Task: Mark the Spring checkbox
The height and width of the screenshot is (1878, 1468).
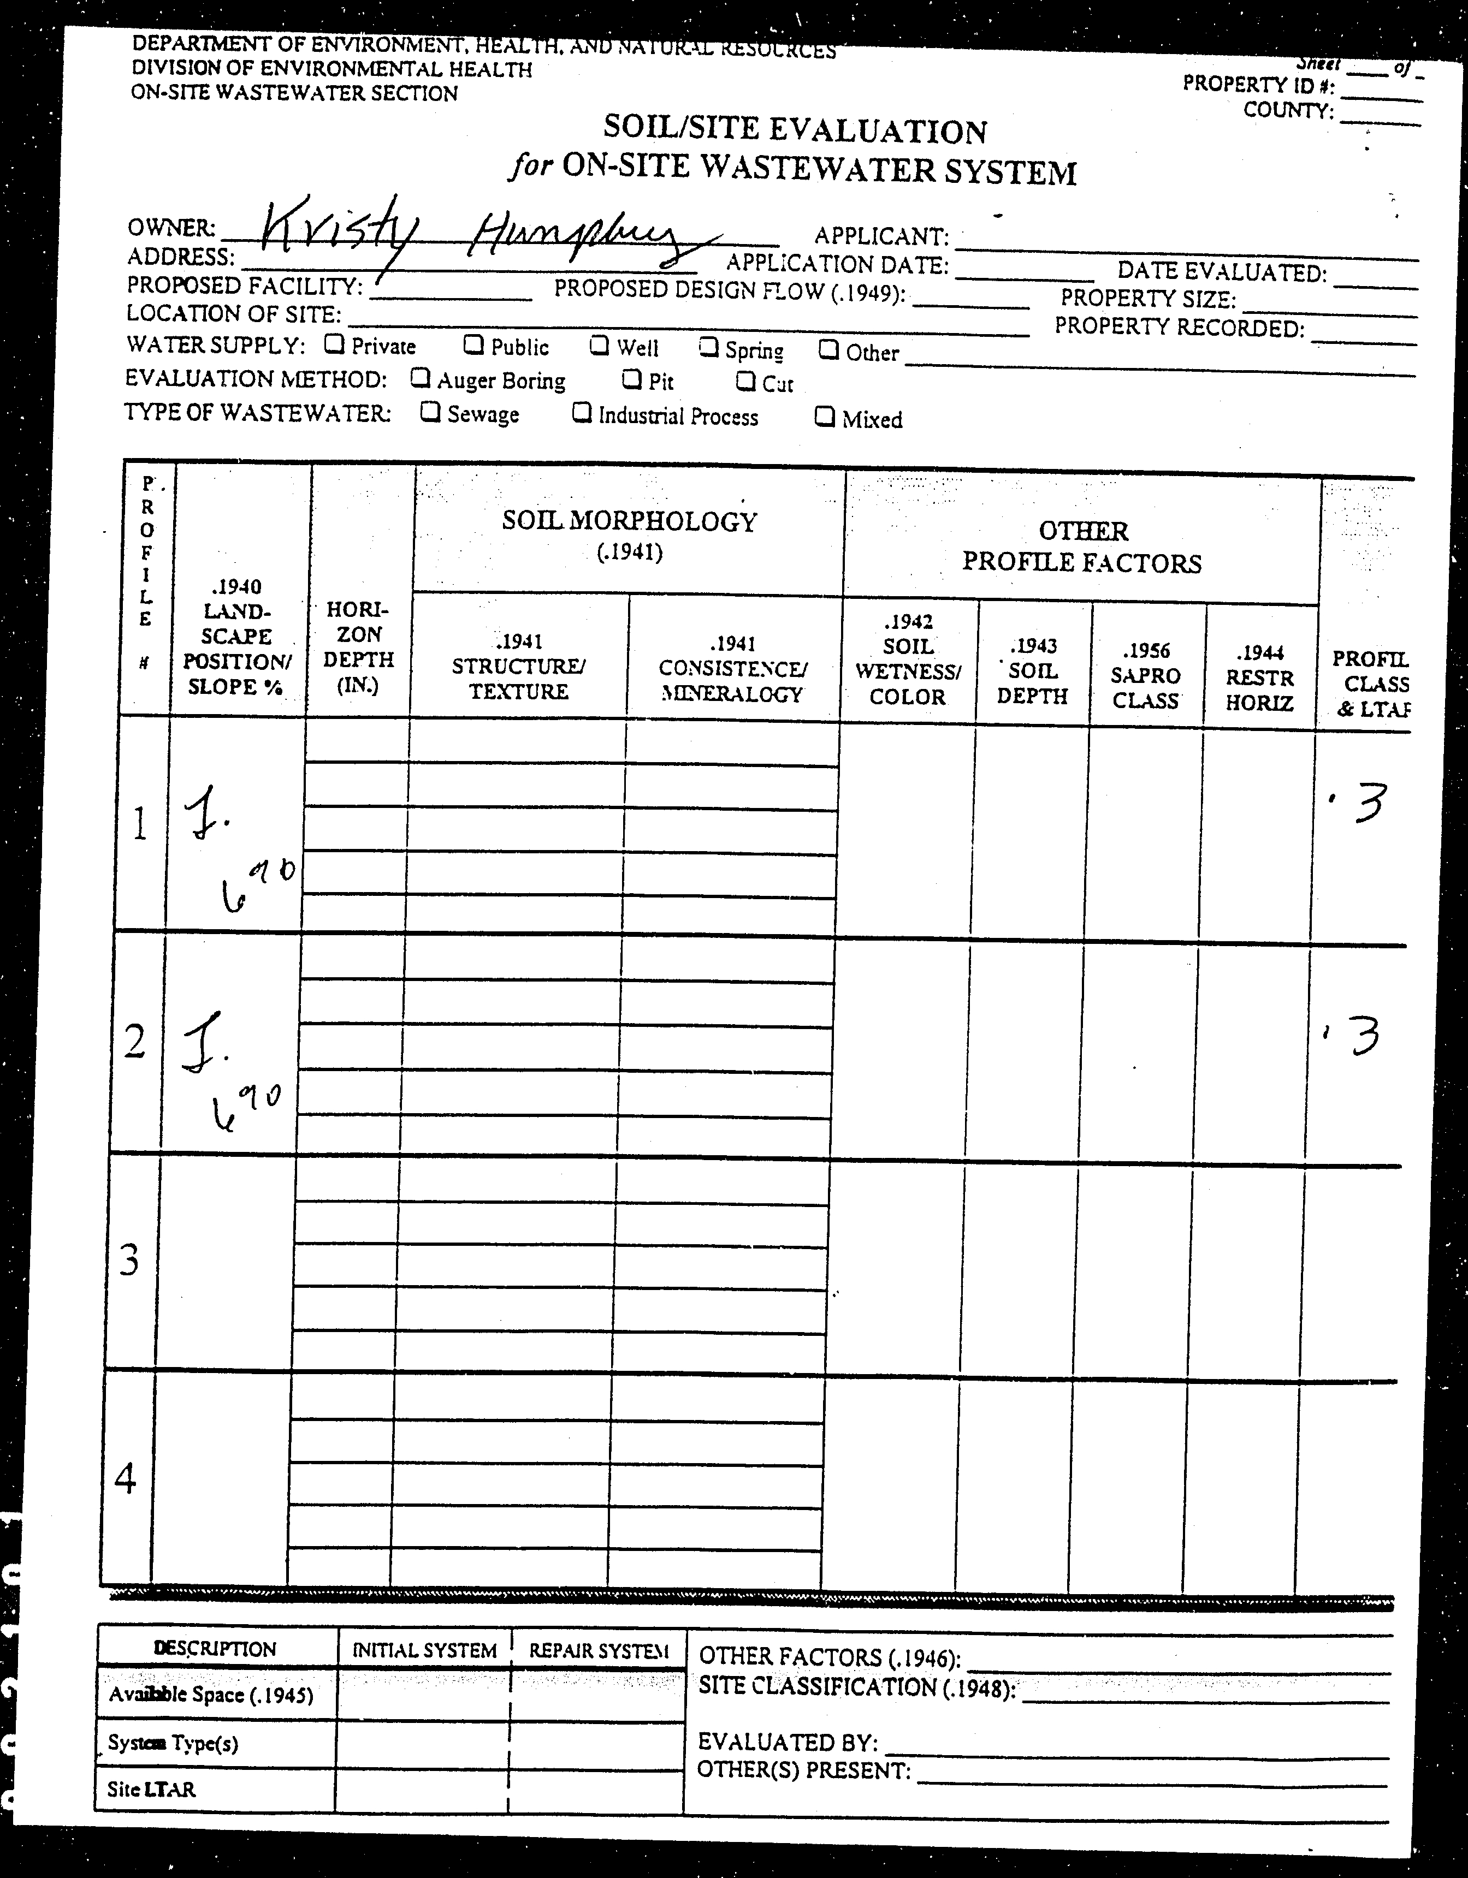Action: click(x=709, y=347)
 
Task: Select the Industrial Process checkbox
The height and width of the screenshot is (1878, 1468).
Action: click(x=582, y=414)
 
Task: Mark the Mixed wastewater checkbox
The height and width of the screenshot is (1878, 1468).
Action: click(x=825, y=417)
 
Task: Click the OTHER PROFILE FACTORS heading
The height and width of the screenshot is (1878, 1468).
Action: click(x=1082, y=547)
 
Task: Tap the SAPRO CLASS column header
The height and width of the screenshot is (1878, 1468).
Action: click(x=1145, y=676)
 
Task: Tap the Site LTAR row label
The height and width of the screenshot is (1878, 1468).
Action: click(x=151, y=1790)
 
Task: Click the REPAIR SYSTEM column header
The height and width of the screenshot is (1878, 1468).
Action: click(x=599, y=1651)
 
